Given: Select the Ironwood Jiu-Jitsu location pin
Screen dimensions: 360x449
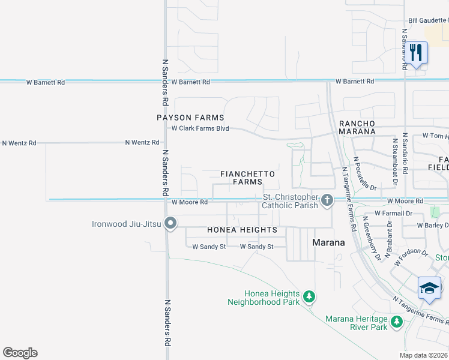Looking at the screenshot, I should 170,224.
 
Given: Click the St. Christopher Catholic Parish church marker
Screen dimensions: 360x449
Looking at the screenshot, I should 327,200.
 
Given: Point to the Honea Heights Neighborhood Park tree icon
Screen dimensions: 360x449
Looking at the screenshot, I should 309,296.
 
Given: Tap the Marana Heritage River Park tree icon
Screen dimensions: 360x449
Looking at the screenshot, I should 396,322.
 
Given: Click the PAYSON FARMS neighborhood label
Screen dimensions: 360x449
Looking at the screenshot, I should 190,118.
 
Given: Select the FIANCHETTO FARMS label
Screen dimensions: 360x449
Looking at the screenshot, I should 247,178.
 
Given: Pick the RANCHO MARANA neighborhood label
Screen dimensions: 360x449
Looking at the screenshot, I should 357,127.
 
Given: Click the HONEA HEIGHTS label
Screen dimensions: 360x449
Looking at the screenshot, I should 242,230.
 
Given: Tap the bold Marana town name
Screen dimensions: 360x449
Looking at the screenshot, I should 329,243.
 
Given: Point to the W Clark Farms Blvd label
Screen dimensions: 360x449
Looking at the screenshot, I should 200,128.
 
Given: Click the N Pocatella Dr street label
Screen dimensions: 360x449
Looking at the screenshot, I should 365,174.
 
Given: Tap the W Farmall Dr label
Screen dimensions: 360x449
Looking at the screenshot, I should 393,213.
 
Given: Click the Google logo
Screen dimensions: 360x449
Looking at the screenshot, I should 20,353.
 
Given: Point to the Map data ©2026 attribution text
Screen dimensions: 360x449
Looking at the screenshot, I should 424,355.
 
